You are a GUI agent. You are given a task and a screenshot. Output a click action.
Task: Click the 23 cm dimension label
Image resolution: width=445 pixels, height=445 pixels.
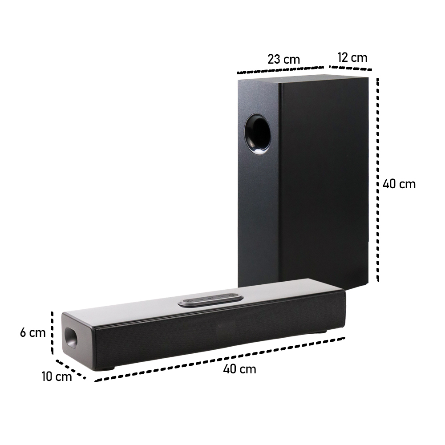283,59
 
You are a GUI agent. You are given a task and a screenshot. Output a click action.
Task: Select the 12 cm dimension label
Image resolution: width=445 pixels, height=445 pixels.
352,57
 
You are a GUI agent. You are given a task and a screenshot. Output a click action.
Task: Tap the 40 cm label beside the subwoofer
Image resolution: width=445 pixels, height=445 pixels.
399,184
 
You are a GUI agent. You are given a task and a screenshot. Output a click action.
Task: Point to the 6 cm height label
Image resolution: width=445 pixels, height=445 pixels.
32,332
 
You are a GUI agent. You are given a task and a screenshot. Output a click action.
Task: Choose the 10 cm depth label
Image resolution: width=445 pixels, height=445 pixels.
57,376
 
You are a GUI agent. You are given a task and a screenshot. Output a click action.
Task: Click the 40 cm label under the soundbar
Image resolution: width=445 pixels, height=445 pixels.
239,369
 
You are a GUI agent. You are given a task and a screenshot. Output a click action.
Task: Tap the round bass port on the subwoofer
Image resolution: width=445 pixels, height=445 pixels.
258,135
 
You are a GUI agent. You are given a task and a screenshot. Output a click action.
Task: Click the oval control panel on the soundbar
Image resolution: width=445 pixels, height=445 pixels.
211,299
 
